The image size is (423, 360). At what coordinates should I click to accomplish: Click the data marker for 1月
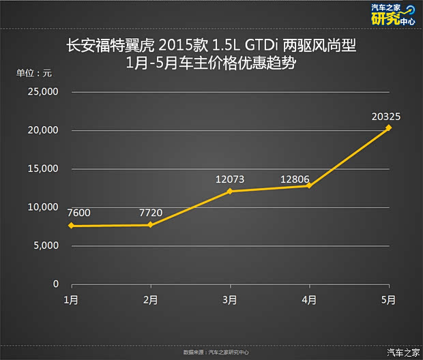pos(71,226)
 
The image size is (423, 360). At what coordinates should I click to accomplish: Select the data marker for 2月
pos(150,224)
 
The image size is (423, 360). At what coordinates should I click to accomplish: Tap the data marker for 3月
pos(229,191)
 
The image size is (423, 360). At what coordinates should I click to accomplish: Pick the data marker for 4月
pos(309,185)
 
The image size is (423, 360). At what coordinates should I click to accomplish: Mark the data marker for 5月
pos(388,127)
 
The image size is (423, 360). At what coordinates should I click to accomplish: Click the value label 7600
pos(79,213)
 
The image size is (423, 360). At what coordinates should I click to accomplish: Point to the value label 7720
pos(151,213)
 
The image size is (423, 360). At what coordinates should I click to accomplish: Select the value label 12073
pos(230,179)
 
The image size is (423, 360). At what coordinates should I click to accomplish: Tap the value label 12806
pos(295,179)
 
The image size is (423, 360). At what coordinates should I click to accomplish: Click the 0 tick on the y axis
pos(57,284)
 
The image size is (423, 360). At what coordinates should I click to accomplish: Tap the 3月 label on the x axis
pos(230,300)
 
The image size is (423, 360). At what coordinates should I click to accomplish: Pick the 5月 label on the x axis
pos(388,300)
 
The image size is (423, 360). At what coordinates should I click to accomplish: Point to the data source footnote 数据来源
pos(216,352)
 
